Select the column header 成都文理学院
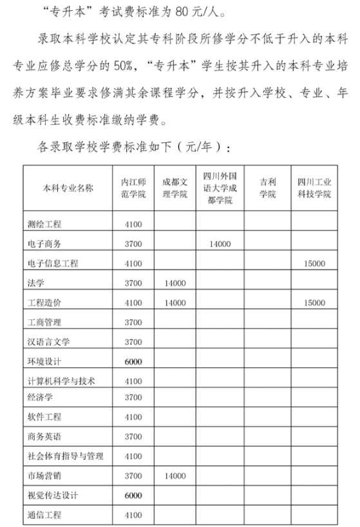tap(175, 187)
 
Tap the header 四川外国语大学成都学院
tap(220, 187)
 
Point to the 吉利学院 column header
tap(267, 187)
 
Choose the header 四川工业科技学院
tap(315, 187)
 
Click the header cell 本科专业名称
tap(68, 188)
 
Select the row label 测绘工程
tap(49, 225)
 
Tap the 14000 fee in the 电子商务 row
tap(220, 244)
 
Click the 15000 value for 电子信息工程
tap(315, 263)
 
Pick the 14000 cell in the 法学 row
tap(175, 282)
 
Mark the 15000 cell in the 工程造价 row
tap(315, 302)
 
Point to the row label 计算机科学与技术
tap(62, 380)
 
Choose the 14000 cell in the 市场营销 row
tap(175, 476)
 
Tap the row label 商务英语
tap(45, 437)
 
